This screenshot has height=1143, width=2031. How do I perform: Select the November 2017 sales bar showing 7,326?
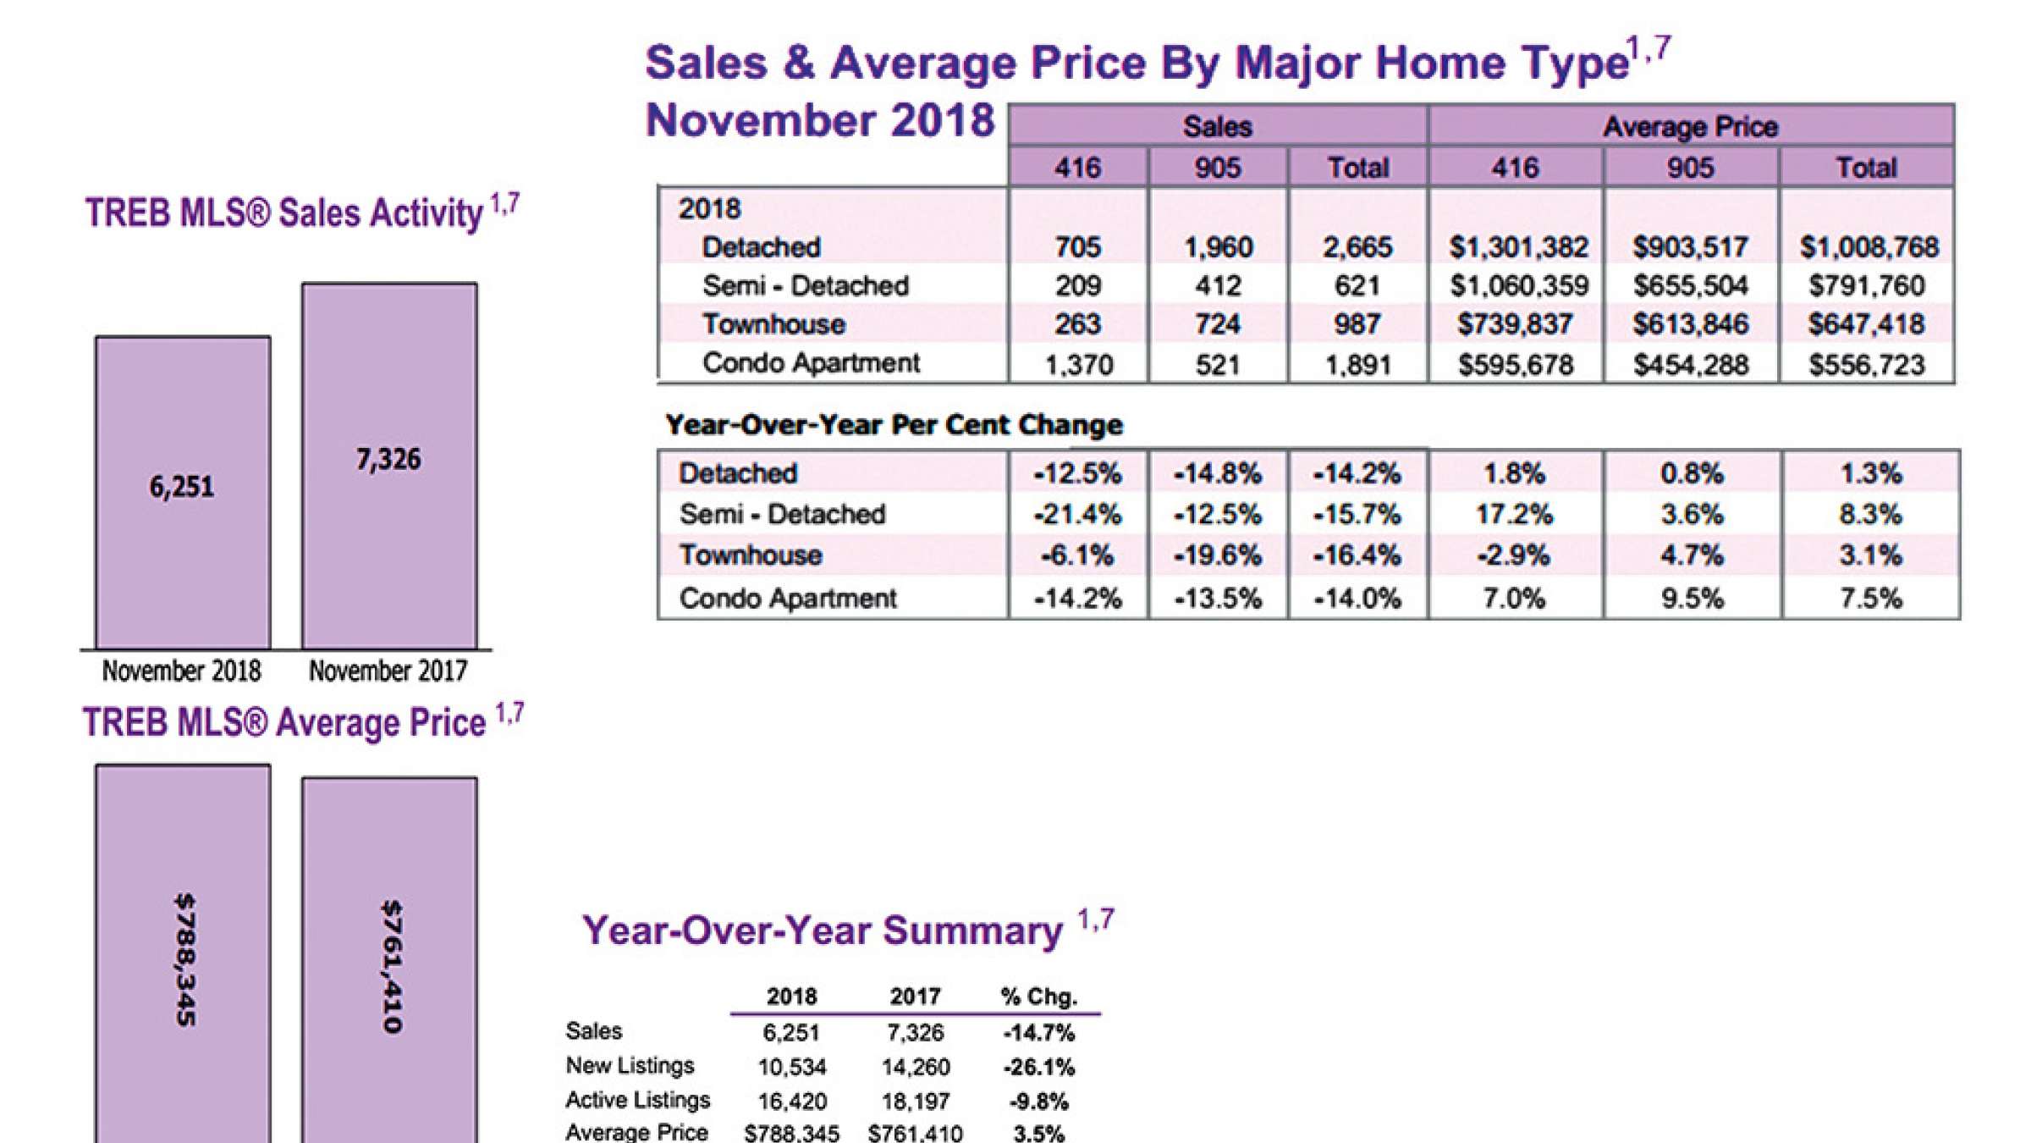point(389,466)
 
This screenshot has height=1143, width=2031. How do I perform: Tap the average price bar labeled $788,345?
point(183,957)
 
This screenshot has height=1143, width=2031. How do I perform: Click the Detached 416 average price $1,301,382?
point(1517,247)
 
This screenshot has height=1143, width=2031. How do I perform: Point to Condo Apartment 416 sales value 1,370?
point(1078,365)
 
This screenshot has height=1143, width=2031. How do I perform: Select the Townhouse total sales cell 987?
point(1357,324)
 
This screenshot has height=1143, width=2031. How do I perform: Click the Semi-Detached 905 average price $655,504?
point(1690,286)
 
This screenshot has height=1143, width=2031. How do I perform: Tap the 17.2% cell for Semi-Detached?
point(1514,514)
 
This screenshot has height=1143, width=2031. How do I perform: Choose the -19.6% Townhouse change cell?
point(1217,555)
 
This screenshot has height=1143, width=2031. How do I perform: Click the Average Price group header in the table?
point(1690,127)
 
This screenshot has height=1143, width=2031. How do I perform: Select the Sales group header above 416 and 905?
point(1217,127)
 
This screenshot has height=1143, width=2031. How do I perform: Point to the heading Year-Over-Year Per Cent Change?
point(894,424)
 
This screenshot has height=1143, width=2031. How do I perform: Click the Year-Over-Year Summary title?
point(822,930)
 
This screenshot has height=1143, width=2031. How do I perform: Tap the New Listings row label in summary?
point(630,1066)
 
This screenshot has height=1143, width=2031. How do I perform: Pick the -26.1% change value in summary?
point(1038,1067)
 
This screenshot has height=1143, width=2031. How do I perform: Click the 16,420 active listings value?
point(791,1102)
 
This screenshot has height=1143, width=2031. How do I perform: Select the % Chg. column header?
point(1038,997)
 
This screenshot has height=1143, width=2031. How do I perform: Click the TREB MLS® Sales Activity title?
point(284,213)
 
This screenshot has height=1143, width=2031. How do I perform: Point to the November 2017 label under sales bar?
point(388,671)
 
